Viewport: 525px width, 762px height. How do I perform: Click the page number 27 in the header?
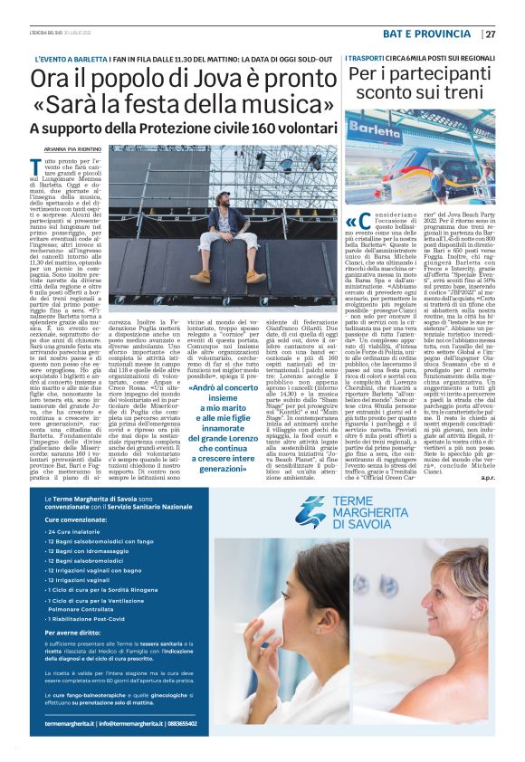[490, 34]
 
